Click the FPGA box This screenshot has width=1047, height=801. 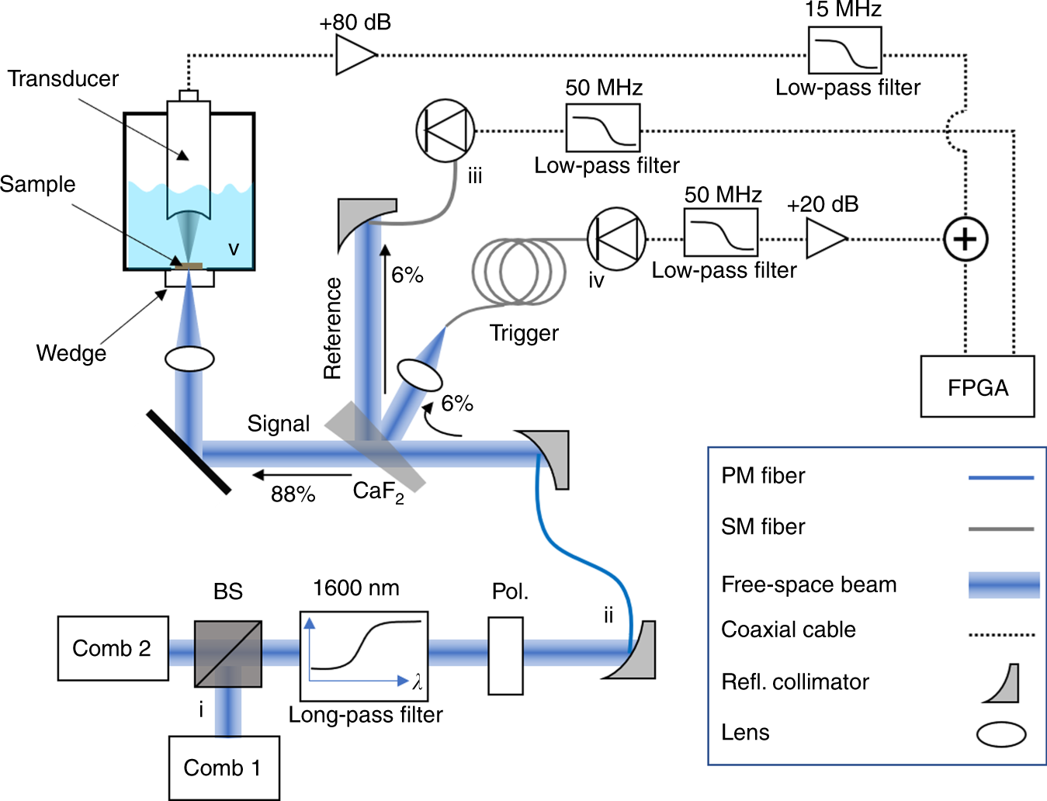pos(977,387)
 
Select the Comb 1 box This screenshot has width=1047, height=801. pos(224,768)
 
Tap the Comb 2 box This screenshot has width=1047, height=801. pos(113,648)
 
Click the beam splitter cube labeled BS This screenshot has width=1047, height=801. pos(227,654)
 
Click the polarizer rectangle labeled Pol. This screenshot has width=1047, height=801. pos(505,656)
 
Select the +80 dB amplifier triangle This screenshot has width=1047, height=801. pos(354,55)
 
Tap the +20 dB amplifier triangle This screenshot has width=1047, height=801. pos(824,238)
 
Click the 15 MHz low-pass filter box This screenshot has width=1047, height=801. pos(844,50)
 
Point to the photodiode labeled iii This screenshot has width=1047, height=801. pos(445,130)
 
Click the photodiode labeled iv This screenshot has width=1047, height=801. pos(616,238)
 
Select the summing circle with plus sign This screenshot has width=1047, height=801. pos(965,239)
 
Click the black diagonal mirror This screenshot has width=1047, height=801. pos(189,452)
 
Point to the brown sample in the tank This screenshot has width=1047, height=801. pos(189,266)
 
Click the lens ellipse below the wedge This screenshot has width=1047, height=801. pos(189,359)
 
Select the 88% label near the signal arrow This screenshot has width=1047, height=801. pos(293,494)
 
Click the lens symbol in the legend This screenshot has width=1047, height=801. pos(1001,733)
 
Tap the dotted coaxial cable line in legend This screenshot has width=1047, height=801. pos(1001,634)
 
